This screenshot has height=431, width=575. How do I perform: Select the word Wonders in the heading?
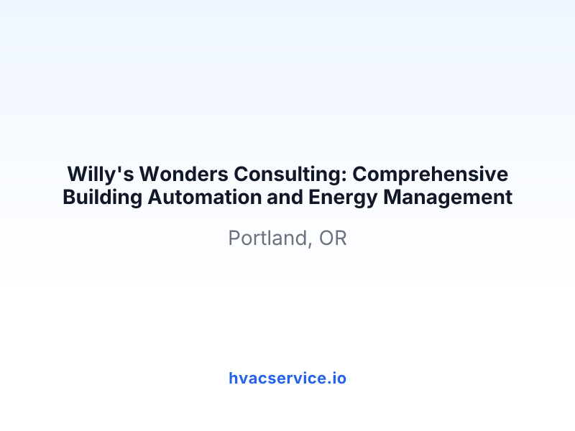(184, 174)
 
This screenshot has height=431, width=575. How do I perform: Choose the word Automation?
(204, 197)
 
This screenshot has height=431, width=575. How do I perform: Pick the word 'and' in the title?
(285, 197)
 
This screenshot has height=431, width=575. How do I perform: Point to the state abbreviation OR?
(333, 238)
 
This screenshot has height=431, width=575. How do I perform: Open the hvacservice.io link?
(287, 379)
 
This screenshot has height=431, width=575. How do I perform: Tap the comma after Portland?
(310, 245)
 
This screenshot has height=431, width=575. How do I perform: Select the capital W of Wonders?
(151, 174)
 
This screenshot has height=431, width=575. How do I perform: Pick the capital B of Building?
(69, 197)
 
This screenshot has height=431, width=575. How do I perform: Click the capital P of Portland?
(234, 238)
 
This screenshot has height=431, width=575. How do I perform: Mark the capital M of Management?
(392, 197)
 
